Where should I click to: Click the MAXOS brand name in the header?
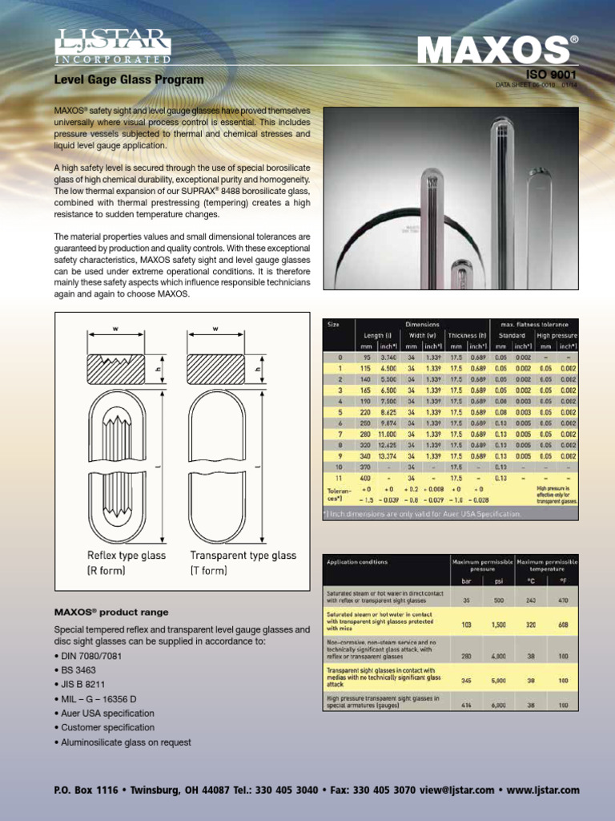(492, 51)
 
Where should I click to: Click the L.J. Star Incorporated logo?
(112, 46)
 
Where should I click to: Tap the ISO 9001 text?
(550, 75)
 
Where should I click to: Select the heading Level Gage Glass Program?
(128, 80)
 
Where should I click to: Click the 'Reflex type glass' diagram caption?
(127, 556)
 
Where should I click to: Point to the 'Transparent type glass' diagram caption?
(243, 556)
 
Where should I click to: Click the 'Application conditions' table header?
(356, 562)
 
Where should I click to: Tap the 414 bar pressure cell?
(465, 705)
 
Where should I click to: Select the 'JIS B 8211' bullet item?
(82, 685)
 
